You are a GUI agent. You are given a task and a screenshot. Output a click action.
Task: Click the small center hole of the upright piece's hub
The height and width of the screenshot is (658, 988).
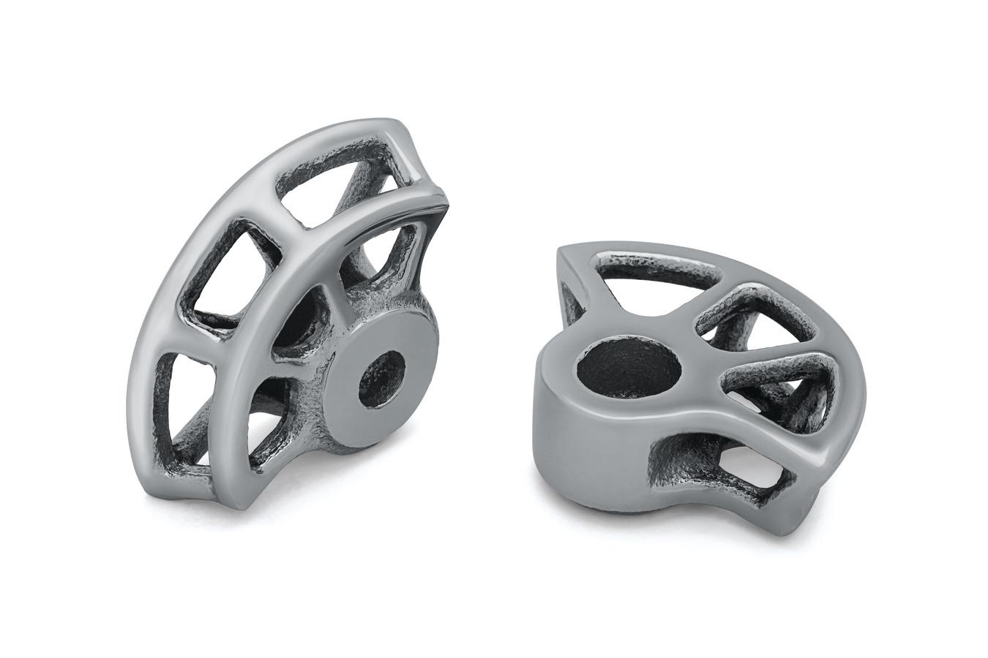[x=381, y=377]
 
